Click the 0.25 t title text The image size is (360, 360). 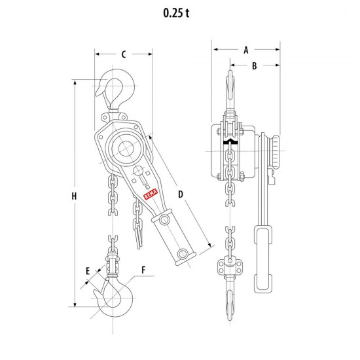176,13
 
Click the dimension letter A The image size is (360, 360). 246,50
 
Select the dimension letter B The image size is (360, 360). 255,65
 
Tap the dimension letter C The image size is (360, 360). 124,54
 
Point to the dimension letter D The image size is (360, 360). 181,194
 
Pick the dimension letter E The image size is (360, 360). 88,271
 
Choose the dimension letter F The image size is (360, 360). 143,270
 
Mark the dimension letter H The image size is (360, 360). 74,196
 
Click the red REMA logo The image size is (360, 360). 151,194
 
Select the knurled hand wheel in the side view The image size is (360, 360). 276,152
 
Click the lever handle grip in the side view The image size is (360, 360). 263,259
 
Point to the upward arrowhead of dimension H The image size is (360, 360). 75,82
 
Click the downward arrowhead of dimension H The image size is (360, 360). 75,304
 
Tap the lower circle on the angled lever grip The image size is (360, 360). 182,253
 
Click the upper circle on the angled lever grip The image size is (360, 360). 164,220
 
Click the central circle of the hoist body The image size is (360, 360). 126,149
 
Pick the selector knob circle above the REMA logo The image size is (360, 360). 137,171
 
